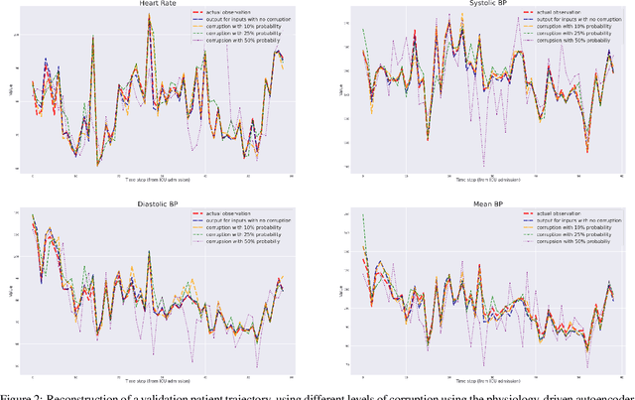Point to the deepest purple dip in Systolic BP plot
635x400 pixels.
coord(483,164)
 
